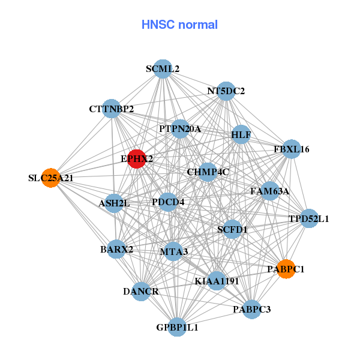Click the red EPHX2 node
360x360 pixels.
coord(137,159)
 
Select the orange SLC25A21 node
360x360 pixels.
coord(52,178)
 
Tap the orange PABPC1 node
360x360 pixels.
coord(285,269)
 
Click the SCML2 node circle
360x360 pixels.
coord(163,69)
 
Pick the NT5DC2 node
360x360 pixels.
coord(226,91)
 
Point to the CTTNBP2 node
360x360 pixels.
coord(112,109)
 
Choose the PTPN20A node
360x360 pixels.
coord(180,129)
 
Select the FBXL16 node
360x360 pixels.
coord(291,149)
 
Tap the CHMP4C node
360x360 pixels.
coord(208,172)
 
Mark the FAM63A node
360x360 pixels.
coord(269,191)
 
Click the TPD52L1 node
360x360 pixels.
coord(308,218)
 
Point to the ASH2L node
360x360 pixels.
coord(114,203)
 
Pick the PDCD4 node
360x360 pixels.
coord(168,202)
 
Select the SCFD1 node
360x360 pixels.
coord(232,229)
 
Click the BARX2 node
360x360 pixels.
coord(116,249)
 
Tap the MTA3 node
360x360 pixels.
coord(173,251)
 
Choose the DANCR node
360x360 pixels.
coord(141,292)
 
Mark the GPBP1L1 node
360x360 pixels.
coord(177,327)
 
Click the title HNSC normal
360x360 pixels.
coord(179,25)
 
